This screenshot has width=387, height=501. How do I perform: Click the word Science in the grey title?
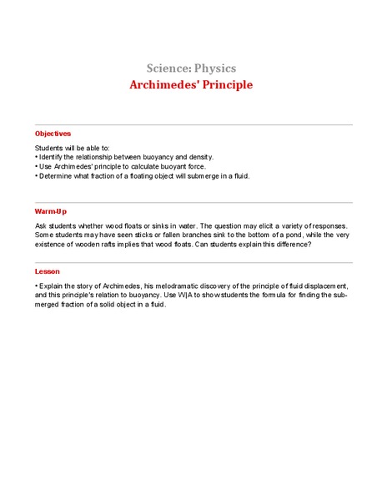pyautogui.click(x=169, y=68)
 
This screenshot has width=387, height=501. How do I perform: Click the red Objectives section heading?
pyautogui.click(x=53, y=134)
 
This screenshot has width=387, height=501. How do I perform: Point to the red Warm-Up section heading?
pyautogui.click(x=51, y=211)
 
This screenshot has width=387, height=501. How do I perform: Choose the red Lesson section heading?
pyautogui.click(x=48, y=271)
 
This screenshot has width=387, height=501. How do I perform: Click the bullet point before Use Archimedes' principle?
pyautogui.click(x=37, y=166)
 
